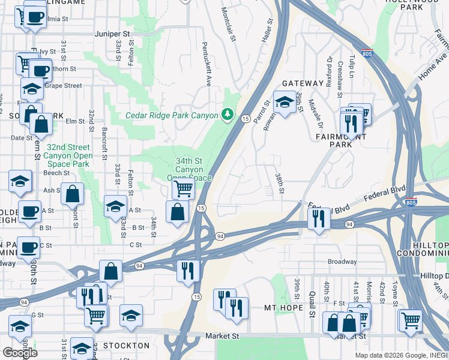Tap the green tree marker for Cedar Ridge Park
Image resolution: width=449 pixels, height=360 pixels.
click(228, 114)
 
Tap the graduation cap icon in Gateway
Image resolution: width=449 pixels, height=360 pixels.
click(285, 102)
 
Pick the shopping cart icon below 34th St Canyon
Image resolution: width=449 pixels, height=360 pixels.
click(183, 189)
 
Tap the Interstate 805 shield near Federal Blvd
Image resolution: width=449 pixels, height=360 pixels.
click(411, 201)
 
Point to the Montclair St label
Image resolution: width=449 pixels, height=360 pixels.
click(228, 24)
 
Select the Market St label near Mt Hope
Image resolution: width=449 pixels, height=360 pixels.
click(223, 336)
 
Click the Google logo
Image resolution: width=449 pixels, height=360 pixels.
click(20, 352)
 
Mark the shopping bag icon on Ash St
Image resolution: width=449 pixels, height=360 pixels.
click(72, 193)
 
